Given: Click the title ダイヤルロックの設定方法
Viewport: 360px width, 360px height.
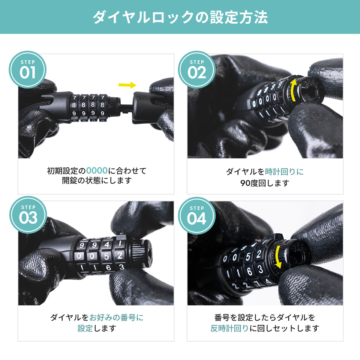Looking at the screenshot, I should point(180,17).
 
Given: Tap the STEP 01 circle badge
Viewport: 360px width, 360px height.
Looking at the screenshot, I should point(28,70).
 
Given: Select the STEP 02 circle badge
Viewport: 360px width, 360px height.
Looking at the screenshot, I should point(197,70).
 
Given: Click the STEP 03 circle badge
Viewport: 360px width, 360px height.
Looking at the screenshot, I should point(28,215).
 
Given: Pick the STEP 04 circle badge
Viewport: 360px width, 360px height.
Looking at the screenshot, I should point(197,215).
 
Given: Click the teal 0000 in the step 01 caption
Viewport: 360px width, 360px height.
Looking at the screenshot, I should point(97,171).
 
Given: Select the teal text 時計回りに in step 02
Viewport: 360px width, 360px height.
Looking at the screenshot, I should point(284,172).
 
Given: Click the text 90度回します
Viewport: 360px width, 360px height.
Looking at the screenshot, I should point(265,183).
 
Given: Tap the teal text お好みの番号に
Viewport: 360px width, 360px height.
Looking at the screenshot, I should point(116,317).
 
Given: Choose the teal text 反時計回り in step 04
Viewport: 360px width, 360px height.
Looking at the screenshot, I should point(229,328).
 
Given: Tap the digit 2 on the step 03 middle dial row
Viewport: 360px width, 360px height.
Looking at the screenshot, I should point(120,255).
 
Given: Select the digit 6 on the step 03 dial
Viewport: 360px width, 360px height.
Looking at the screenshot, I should point(108,268).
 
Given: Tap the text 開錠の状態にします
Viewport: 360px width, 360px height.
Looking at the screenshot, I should point(97,181).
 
